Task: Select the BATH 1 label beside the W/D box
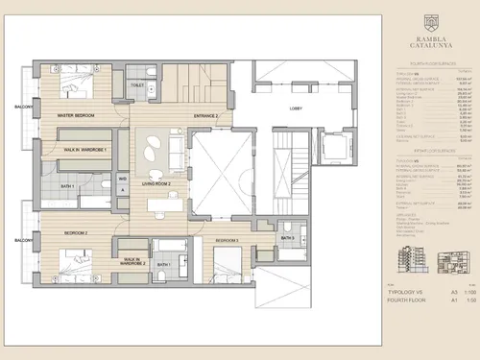click(x=67, y=185)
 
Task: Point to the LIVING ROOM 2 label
click(x=156, y=183)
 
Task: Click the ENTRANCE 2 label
click(x=205, y=116)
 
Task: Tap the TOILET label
click(x=138, y=85)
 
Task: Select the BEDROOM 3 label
click(x=228, y=239)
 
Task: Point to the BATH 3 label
click(x=287, y=237)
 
